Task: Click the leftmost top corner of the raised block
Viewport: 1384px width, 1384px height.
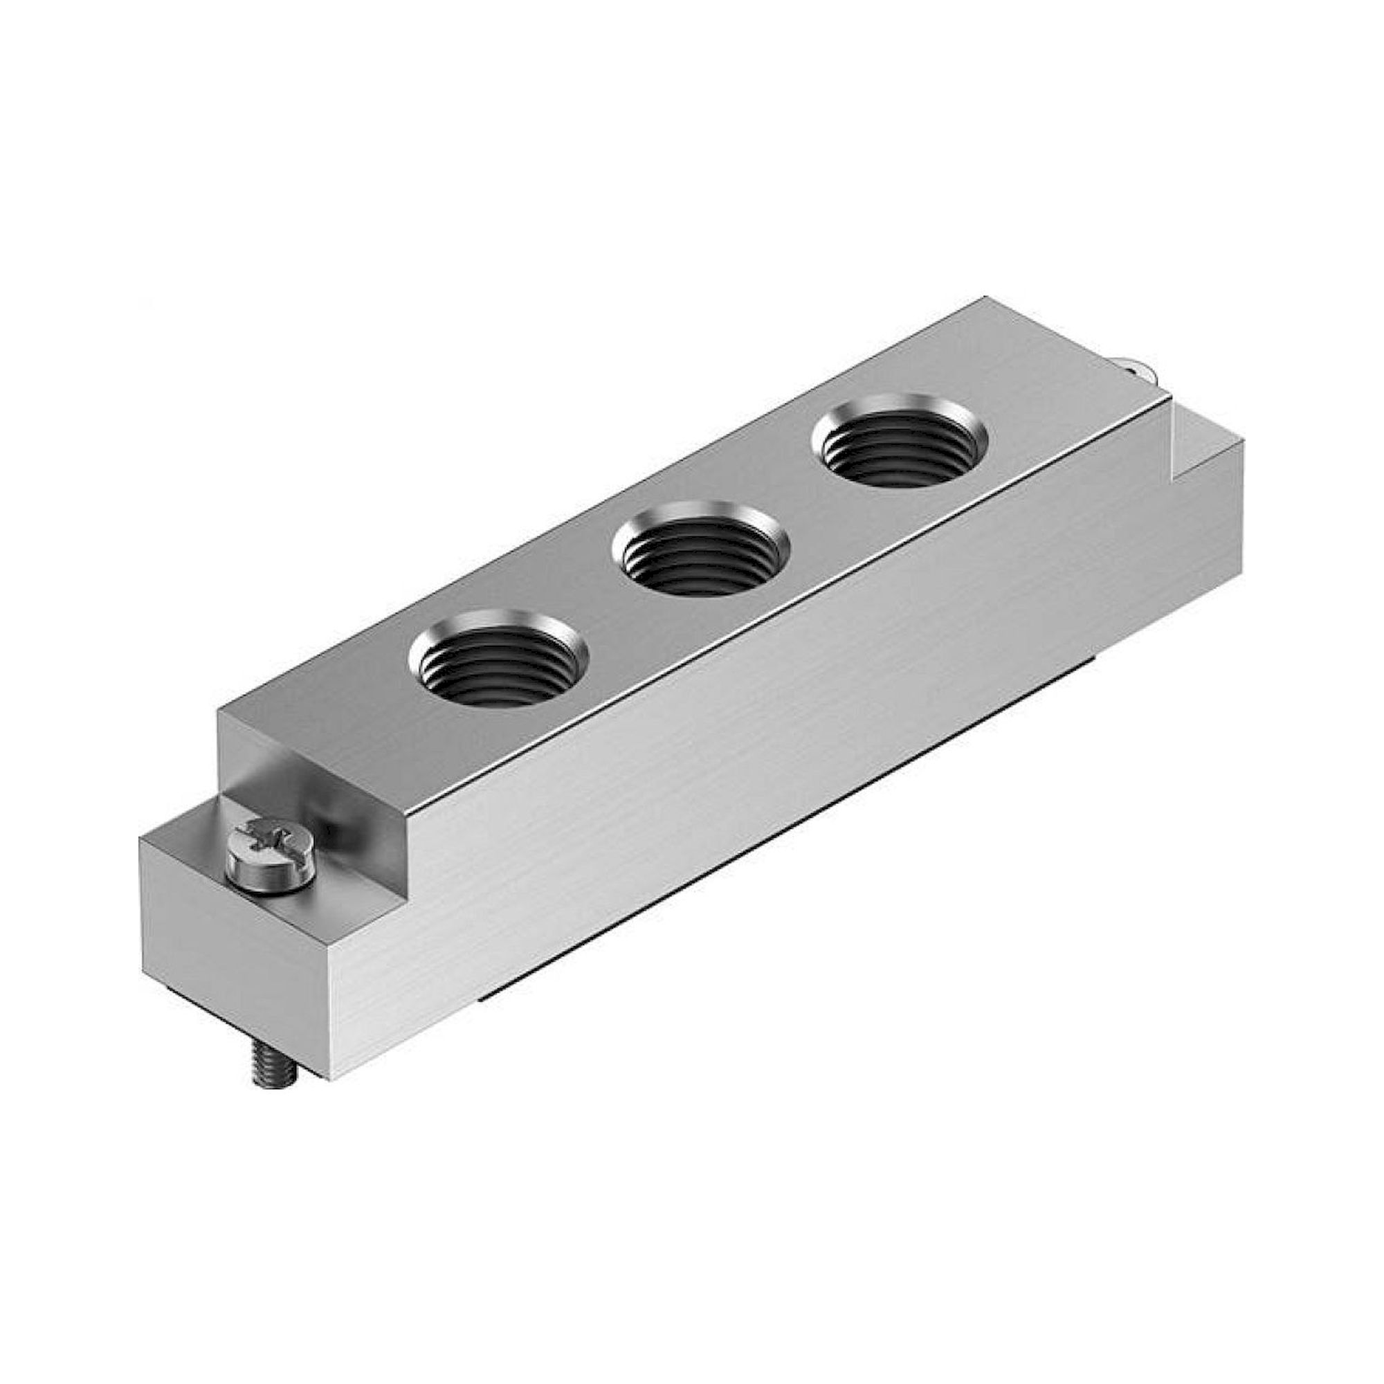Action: coord(219,709)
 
